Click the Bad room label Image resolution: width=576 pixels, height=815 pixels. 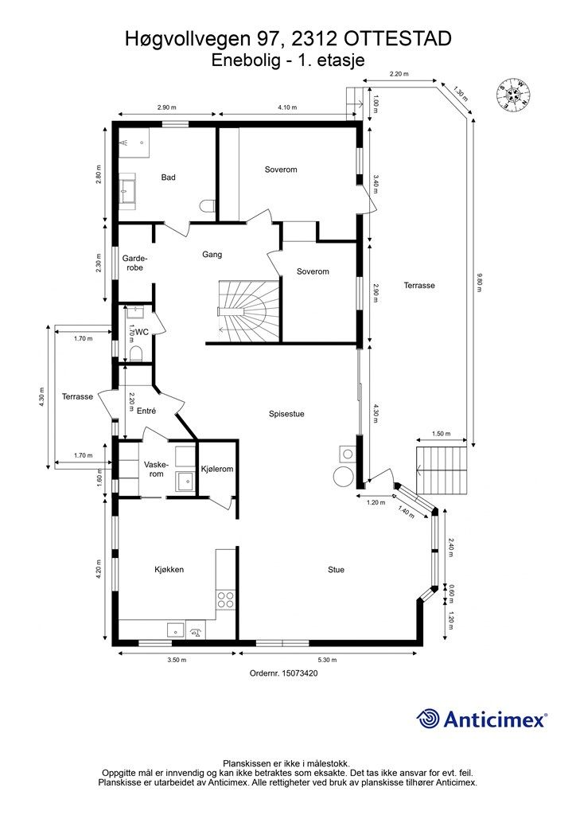[168, 177]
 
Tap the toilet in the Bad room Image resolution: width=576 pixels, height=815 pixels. [207, 206]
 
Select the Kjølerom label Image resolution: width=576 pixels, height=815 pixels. [217, 469]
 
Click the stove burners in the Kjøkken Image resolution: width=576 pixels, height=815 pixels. [225, 599]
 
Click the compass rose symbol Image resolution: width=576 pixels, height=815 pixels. [513, 94]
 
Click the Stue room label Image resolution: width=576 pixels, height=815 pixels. [336, 570]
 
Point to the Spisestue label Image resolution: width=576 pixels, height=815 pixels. [286, 414]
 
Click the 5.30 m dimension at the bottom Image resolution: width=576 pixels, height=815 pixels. [327, 660]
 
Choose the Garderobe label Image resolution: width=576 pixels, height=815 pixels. [134, 263]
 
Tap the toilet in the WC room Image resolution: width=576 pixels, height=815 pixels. [135, 353]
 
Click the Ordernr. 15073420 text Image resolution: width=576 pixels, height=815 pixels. [283, 673]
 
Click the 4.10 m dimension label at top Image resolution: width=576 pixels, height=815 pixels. [287, 107]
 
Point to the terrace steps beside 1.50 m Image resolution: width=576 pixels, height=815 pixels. [442, 470]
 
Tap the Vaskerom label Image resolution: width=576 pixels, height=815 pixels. [154, 470]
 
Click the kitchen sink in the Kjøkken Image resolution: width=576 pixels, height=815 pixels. [176, 630]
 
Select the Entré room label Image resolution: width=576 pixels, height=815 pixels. [146, 411]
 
